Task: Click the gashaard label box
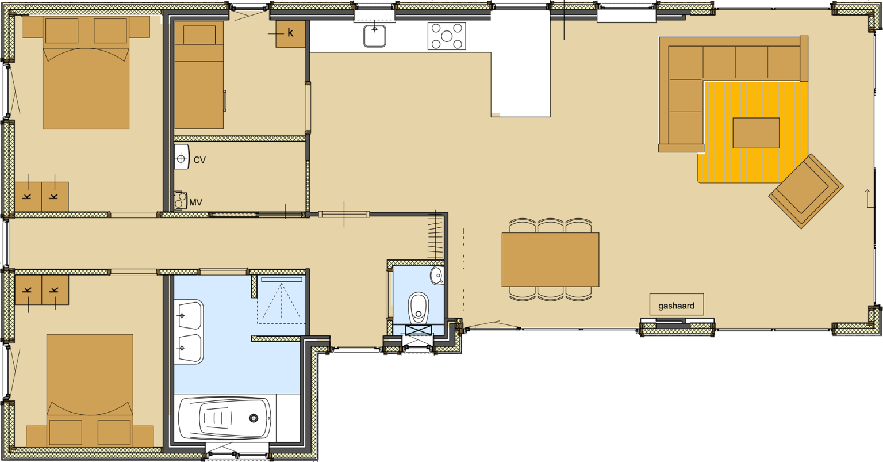[677, 304]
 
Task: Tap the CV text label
[199, 160]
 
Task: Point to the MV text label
[196, 203]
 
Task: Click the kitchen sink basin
[374, 36]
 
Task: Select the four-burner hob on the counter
[447, 36]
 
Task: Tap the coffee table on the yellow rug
[756, 133]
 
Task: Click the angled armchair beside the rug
[806, 192]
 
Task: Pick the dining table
[550, 259]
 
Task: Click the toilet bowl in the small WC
[419, 307]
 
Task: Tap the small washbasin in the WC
[437, 276]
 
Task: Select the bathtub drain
[254, 418]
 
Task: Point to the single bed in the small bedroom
[199, 75]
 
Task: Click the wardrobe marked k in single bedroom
[290, 34]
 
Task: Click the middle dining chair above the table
[550, 226]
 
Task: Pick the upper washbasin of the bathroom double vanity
[189, 315]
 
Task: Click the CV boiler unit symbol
[181, 157]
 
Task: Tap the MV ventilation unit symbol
[181, 200]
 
